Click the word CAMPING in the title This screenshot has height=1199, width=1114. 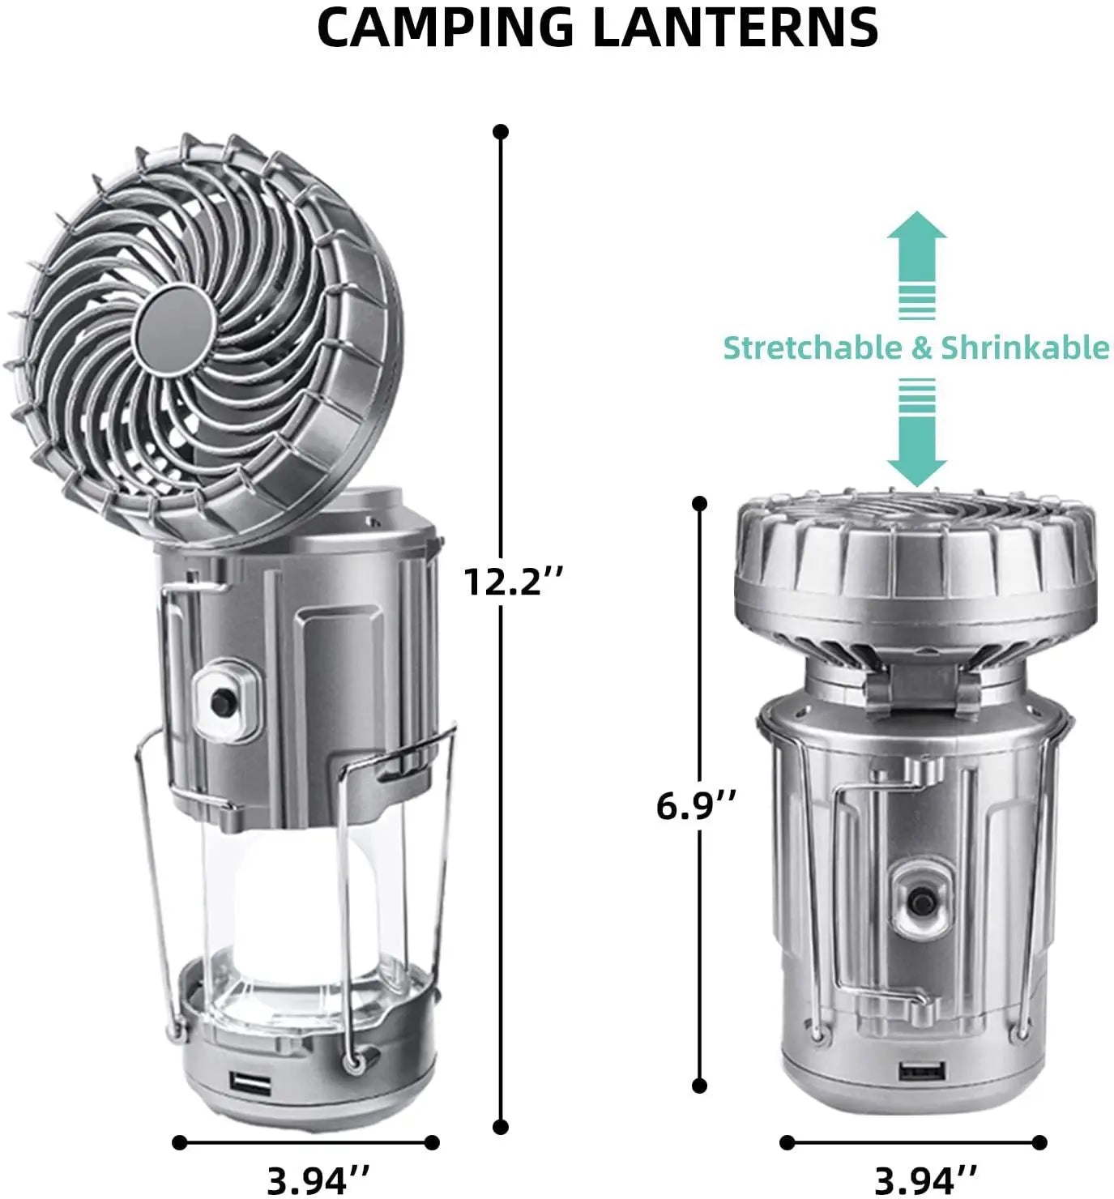tap(446, 28)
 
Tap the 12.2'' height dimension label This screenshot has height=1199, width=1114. tap(513, 581)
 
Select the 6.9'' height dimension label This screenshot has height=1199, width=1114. tap(696, 806)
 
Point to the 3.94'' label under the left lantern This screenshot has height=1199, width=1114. tap(318, 1180)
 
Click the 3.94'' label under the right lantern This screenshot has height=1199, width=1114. tap(926, 1180)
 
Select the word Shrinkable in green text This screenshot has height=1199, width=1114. tap(1024, 348)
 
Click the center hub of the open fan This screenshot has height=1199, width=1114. tap(174, 325)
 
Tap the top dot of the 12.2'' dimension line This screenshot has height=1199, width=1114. tap(501, 131)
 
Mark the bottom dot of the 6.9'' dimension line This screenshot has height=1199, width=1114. tap(700, 1086)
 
